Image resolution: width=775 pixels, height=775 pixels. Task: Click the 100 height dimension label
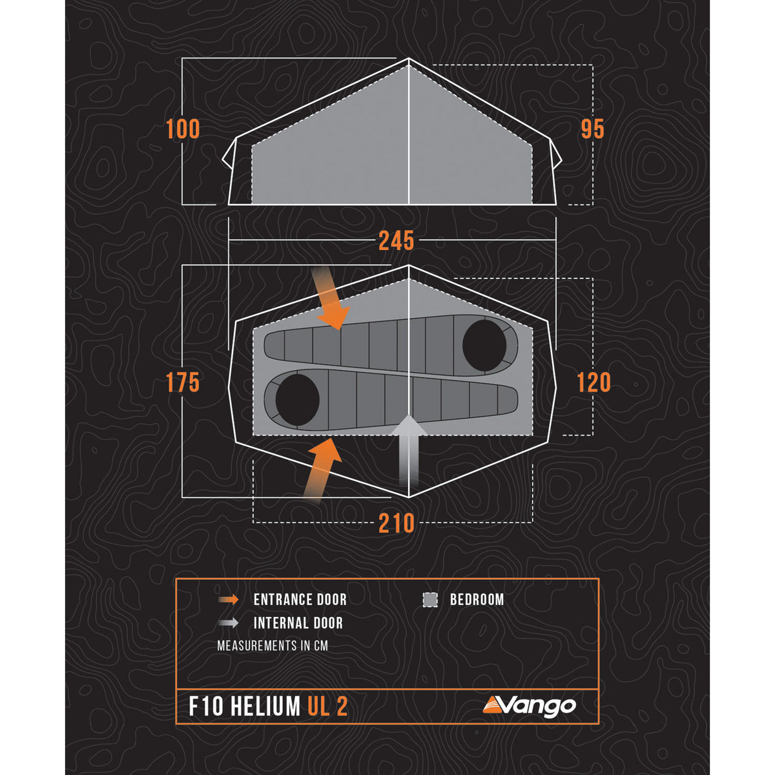(183, 129)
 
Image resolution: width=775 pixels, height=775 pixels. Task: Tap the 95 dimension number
(592, 129)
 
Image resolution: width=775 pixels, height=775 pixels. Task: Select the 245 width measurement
(396, 241)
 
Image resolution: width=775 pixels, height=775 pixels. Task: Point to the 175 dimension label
(183, 383)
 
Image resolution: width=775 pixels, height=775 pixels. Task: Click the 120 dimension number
(593, 383)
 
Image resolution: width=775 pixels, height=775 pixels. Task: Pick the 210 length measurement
(396, 523)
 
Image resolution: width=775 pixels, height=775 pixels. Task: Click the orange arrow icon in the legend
(229, 600)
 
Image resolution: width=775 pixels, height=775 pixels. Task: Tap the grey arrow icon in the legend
(229, 623)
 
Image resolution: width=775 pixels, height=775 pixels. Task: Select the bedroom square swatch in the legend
(430, 600)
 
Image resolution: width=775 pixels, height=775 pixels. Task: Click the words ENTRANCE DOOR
(300, 600)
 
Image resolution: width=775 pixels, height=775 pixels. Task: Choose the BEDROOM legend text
(477, 600)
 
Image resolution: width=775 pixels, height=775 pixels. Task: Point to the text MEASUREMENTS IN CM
(273, 646)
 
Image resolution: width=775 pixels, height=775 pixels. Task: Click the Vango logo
(529, 705)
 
